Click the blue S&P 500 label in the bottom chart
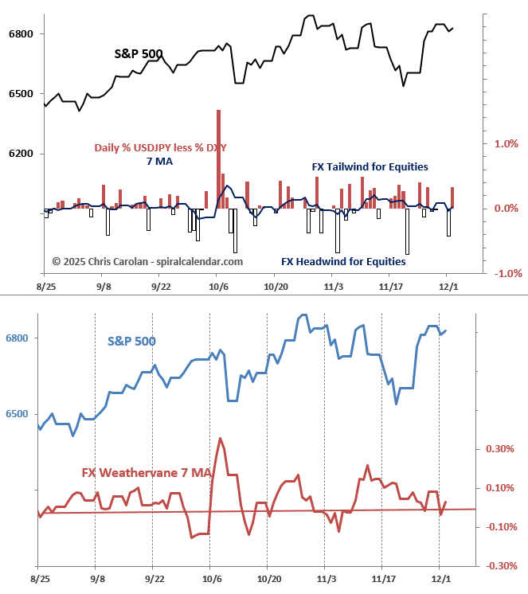131,342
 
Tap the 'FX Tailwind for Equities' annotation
370,167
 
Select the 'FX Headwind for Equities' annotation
343,261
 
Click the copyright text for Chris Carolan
147,261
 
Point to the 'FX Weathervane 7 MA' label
147,473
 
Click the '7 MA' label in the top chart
158,162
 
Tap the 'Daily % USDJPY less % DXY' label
161,147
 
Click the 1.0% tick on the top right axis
506,144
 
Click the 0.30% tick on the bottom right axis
499,449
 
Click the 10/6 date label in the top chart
217,285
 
